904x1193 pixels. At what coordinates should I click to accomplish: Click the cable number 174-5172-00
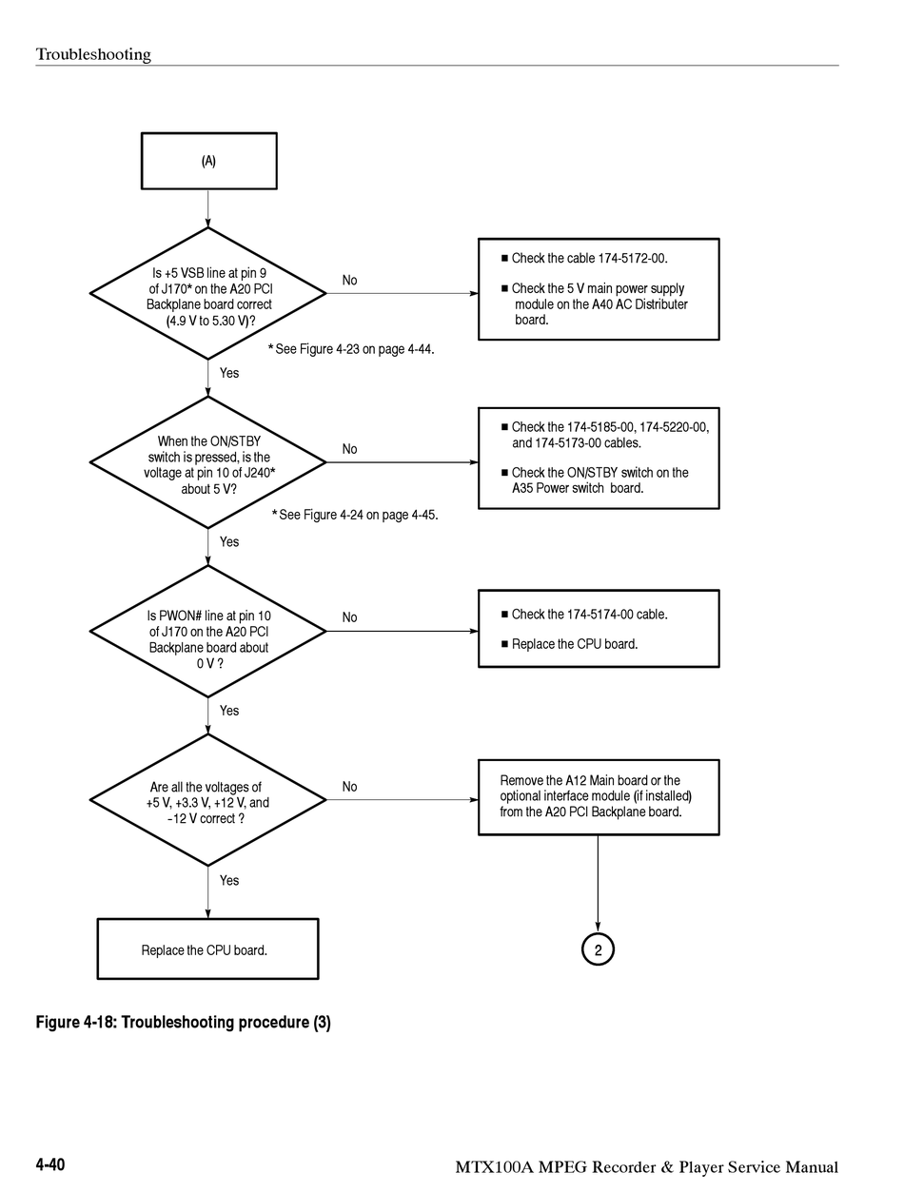[632, 258]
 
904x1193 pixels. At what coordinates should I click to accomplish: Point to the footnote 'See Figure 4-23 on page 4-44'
[351, 349]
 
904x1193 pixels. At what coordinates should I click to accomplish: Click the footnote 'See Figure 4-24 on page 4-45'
[355, 515]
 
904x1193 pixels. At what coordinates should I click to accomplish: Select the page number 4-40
[50, 1164]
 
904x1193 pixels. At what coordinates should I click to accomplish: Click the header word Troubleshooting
[93, 54]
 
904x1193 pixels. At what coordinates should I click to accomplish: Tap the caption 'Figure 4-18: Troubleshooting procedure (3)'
[184, 1023]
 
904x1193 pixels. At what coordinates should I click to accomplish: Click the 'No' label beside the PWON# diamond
[349, 617]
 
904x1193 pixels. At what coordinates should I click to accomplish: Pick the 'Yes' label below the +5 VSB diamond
[228, 373]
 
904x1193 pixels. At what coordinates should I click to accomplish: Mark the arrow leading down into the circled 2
[598, 884]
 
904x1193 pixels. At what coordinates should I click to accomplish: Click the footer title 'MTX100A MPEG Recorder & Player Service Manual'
[647, 1167]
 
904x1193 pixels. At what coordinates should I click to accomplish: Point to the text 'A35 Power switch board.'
[578, 488]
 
